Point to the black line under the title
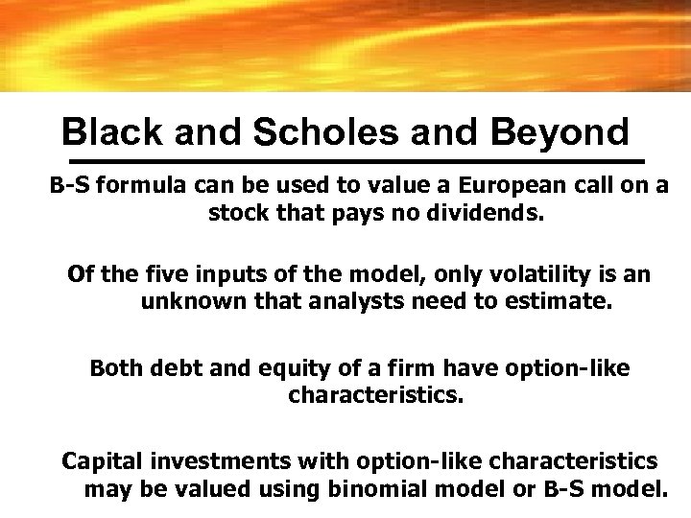click(x=353, y=157)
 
